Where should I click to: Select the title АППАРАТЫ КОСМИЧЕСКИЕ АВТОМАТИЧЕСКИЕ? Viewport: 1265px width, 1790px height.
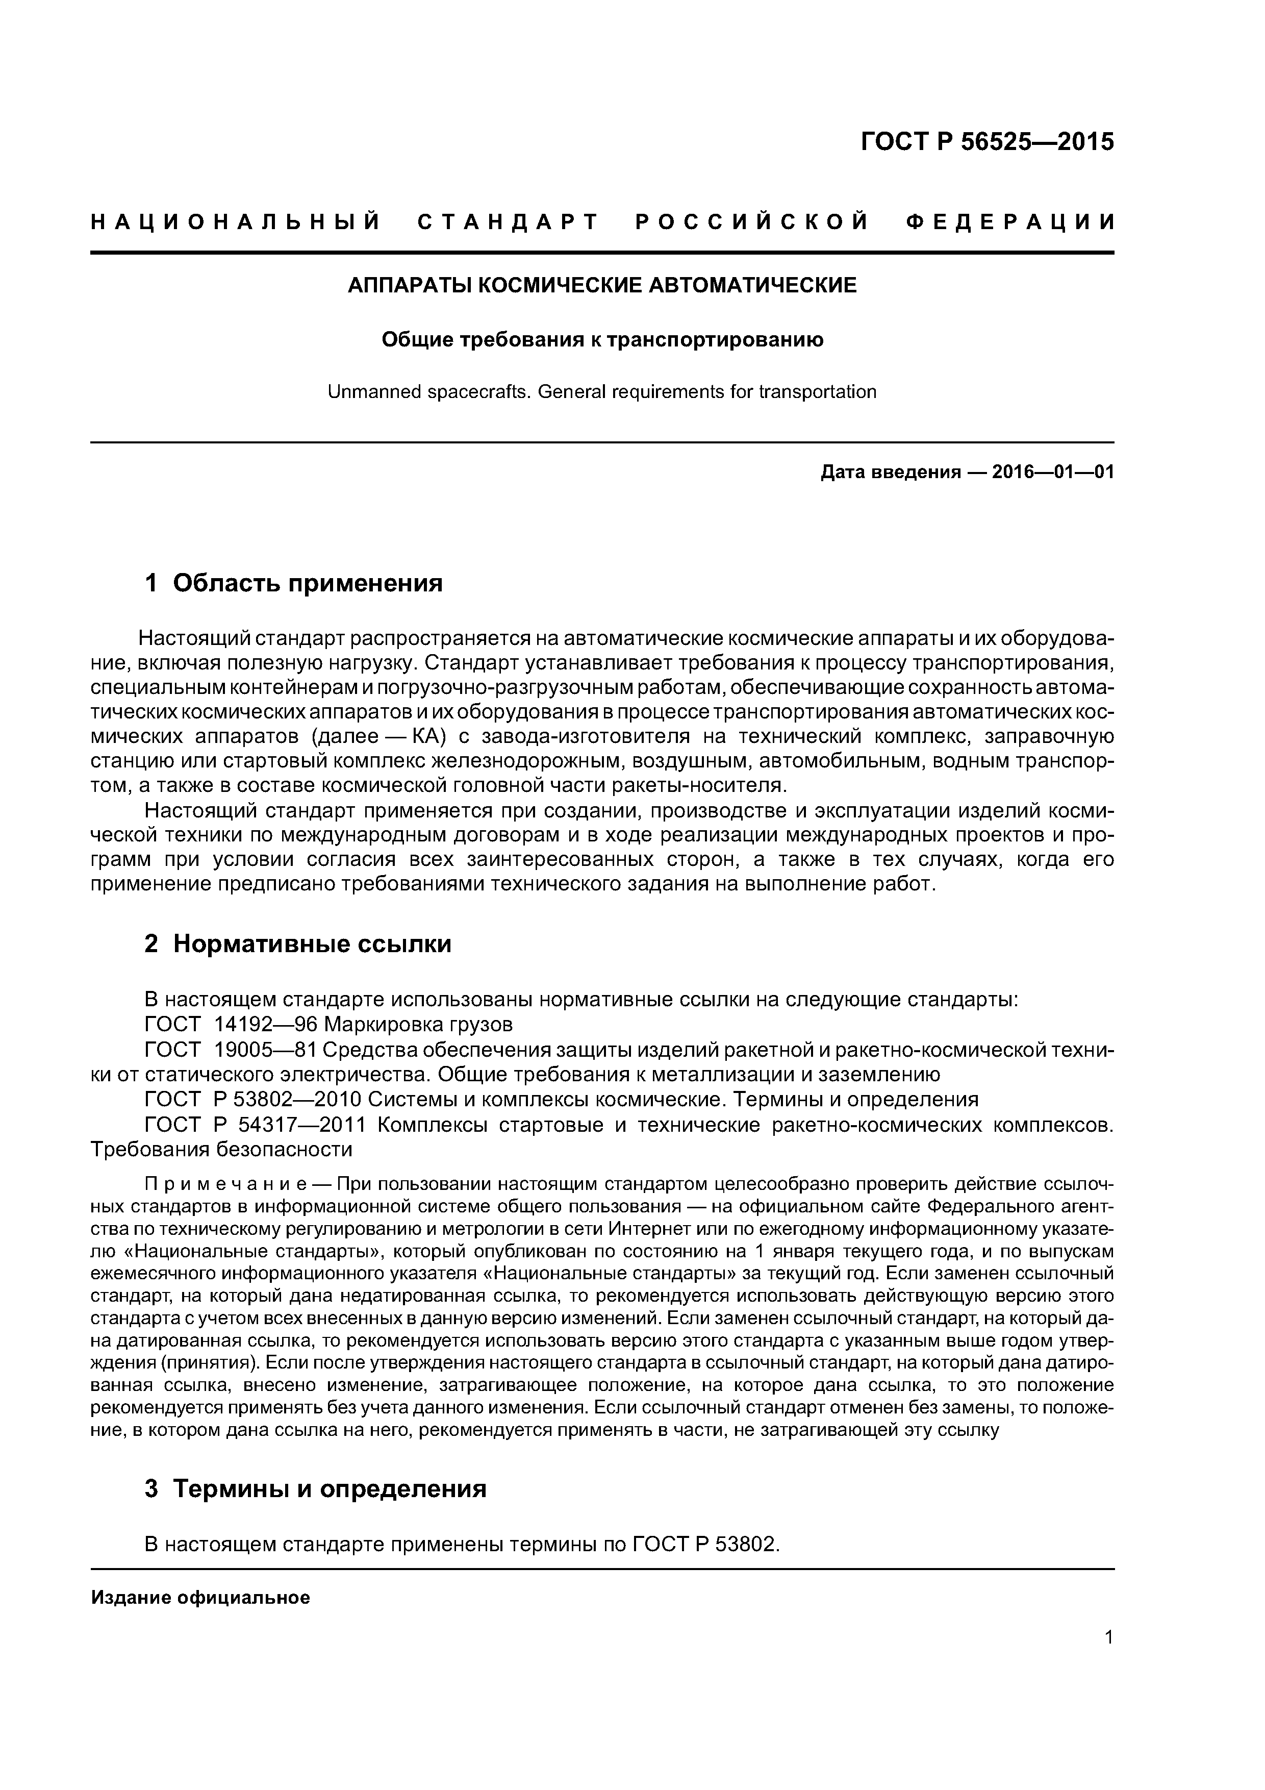pyautogui.click(x=602, y=285)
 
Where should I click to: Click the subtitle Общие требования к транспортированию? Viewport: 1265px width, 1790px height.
pyautogui.click(x=602, y=340)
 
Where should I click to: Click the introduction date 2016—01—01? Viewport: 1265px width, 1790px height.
pyautogui.click(x=1052, y=473)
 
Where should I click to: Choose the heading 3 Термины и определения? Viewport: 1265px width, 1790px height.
pyautogui.click(x=316, y=1488)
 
